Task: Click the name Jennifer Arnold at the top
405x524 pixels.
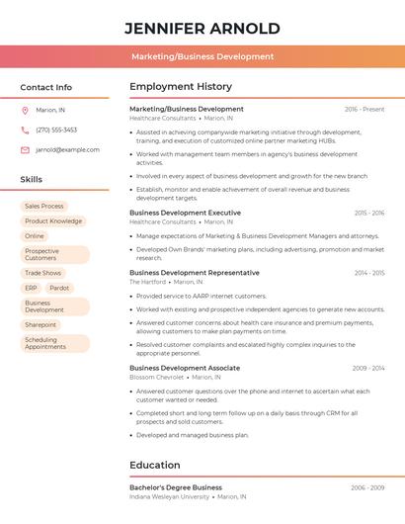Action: [202, 29]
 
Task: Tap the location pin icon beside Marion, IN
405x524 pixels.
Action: [25, 110]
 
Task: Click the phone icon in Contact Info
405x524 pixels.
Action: [25, 130]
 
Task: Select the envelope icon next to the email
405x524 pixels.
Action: [25, 150]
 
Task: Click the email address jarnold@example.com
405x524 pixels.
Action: [67, 150]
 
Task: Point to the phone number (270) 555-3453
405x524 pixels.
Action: [56, 130]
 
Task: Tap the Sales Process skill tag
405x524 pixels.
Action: [44, 207]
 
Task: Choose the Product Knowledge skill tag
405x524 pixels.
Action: [53, 221]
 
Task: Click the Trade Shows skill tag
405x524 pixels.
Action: [43, 273]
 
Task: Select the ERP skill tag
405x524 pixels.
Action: [31, 288]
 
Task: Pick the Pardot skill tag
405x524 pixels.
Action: [59, 288]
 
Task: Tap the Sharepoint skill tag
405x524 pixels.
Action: [41, 324]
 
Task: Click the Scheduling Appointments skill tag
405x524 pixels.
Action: [46, 343]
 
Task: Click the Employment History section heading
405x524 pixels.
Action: [181, 87]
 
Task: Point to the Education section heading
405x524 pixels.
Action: [155, 465]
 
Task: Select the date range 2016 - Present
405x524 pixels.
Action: [364, 109]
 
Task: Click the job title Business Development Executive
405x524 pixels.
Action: [185, 213]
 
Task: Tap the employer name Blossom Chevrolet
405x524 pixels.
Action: [156, 377]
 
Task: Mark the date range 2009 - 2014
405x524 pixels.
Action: [367, 368]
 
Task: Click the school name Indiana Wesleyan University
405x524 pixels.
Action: [169, 496]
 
